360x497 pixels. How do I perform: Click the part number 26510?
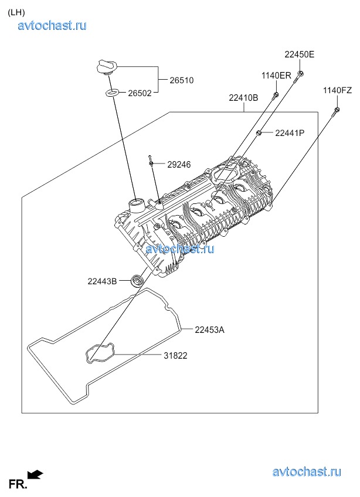click(181, 80)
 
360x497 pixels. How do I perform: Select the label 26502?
click(140, 93)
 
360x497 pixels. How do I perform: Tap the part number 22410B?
click(243, 98)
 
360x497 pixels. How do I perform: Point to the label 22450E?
click(300, 55)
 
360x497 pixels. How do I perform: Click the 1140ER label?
click(276, 76)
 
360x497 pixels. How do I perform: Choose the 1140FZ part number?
click(338, 90)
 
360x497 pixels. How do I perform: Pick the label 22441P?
click(290, 133)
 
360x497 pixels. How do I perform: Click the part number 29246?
click(179, 165)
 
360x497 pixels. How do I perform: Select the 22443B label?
click(102, 281)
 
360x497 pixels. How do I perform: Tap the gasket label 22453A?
click(209, 330)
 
